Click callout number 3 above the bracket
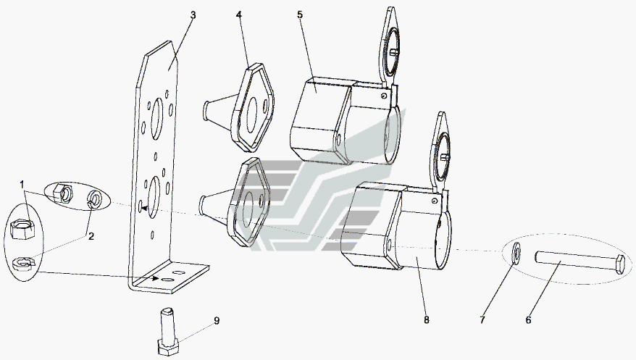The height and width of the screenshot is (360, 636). [x=193, y=15]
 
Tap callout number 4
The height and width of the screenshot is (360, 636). [x=239, y=15]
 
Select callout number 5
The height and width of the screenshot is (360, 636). [x=300, y=14]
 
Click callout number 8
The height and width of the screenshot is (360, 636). [x=427, y=320]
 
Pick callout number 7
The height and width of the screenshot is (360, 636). [x=482, y=320]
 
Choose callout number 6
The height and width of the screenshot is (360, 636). [x=528, y=320]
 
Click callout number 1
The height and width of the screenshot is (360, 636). [x=22, y=185]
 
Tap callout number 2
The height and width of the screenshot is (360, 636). [x=91, y=236]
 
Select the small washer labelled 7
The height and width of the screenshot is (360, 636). [x=517, y=253]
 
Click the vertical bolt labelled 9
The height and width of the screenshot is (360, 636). [x=168, y=332]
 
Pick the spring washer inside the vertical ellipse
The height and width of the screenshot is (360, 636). [x=23, y=264]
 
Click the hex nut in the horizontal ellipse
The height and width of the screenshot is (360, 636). [x=63, y=193]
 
